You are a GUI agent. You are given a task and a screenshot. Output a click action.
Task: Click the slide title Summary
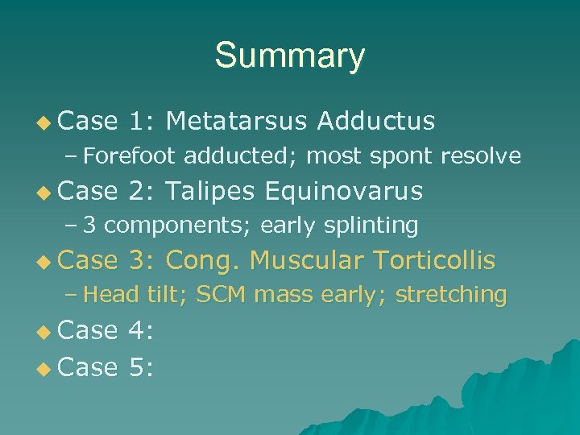click(x=289, y=56)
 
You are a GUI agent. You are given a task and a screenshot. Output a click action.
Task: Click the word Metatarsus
click(x=236, y=121)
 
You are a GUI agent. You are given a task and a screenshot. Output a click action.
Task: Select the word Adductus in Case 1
click(x=376, y=121)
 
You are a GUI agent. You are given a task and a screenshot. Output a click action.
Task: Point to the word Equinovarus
click(x=343, y=191)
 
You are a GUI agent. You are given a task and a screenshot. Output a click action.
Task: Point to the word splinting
click(x=370, y=226)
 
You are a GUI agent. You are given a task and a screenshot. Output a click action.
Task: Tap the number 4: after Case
click(x=142, y=330)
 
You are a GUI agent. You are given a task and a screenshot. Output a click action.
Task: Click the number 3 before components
click(x=89, y=226)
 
